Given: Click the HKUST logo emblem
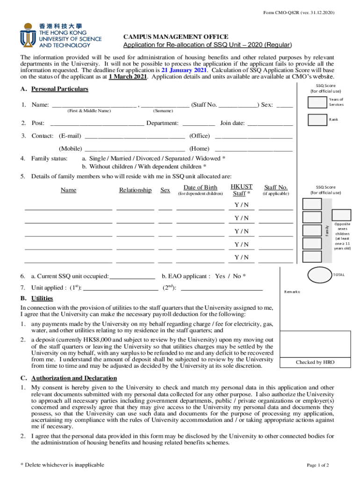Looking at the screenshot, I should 28,36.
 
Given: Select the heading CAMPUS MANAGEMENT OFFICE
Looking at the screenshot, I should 176,36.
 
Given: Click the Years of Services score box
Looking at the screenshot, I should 317,102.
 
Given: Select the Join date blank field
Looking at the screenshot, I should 270,123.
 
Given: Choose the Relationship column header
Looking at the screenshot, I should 135,190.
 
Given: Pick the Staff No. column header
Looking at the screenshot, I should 276,188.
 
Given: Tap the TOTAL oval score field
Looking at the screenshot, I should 319,275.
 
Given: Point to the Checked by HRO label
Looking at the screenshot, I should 315,363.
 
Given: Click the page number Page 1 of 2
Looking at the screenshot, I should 318,465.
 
